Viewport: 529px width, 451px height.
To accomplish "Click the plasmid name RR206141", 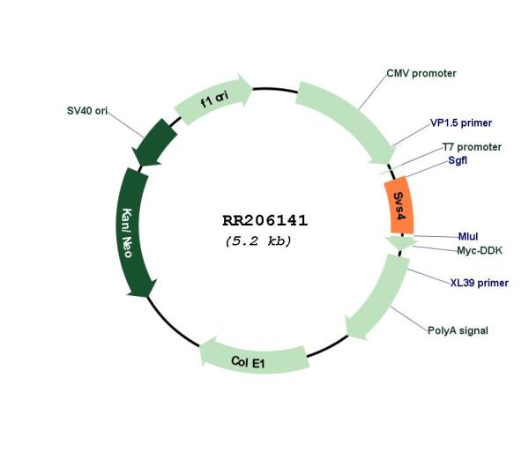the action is click(264, 221).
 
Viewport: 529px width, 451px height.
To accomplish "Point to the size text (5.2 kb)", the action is click(258, 241).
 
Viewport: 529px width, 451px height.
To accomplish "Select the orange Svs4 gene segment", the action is click(399, 205).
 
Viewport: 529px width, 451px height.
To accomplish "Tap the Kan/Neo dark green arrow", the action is click(134, 233).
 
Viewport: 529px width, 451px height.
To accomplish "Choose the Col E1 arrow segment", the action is click(253, 359).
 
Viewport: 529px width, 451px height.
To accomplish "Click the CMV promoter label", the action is click(421, 73).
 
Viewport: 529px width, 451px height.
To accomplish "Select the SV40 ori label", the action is click(87, 111).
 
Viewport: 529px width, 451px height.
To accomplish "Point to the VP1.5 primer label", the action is click(461, 123).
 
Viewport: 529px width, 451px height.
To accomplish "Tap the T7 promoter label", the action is click(472, 147).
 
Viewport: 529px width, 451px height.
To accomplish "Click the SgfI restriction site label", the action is click(458, 160).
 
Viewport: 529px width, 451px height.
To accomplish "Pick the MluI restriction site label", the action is click(468, 237).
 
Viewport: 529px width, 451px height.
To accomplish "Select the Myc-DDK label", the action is click(480, 250).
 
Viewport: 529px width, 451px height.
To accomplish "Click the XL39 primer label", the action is click(480, 283).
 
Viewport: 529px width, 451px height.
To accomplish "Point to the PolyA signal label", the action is click(458, 330).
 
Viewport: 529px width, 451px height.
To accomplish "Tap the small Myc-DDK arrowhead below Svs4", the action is click(400, 242).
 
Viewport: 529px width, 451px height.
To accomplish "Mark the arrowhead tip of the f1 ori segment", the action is click(252, 89).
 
